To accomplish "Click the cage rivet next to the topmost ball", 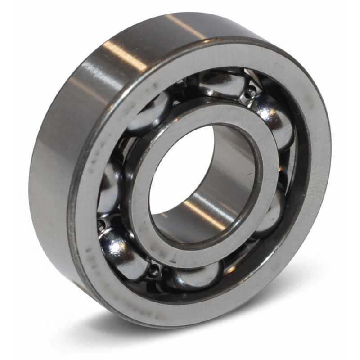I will [x=250, y=93].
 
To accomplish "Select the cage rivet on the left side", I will [x=101, y=224].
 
